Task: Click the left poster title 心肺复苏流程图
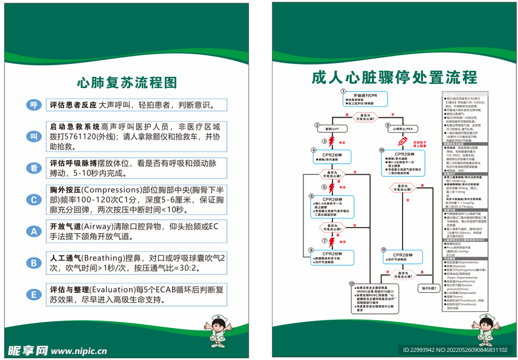coord(126,82)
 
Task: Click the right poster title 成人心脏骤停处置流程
coord(394,77)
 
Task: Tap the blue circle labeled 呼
coord(34,105)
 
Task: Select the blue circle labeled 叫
coord(34,137)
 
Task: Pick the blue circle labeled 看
coord(34,168)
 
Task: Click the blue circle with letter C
coord(34,200)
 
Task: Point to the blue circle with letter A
coord(34,231)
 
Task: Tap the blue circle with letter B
coord(34,263)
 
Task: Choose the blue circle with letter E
coord(34,295)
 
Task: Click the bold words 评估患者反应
coord(73,105)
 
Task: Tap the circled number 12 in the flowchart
coord(351,284)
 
